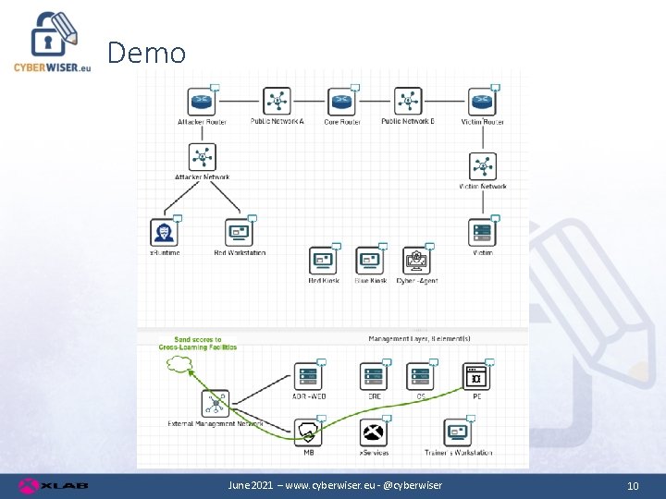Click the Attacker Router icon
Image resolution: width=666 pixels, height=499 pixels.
coord(201,101)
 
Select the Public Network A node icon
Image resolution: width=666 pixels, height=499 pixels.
coord(277,101)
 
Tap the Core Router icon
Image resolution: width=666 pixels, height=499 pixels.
coord(341,101)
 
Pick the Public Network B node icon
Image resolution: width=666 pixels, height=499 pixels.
coord(407,101)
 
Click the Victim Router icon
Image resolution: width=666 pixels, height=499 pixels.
coord(481,101)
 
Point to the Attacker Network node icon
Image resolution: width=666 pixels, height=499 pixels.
coord(202,156)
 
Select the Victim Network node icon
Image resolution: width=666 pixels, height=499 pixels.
coord(482,166)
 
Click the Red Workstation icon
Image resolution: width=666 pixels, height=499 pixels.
coord(239,232)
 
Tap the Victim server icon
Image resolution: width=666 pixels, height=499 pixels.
coord(482,232)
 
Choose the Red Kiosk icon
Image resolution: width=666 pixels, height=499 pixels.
coord(323,261)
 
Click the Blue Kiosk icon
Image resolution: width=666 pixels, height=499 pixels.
coord(370,261)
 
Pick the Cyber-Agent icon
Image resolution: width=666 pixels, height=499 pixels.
coord(416,261)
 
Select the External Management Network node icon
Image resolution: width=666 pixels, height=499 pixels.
coord(215,404)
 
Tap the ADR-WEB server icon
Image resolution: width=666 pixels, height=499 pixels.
coord(308,376)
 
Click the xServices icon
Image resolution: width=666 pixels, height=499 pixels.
coord(373,432)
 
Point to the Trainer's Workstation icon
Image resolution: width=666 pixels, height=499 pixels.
coord(458,432)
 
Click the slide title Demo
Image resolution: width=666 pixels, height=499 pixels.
coord(146,53)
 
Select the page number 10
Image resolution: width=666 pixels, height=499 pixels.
coord(633,486)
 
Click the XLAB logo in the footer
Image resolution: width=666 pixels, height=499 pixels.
coord(41,485)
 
